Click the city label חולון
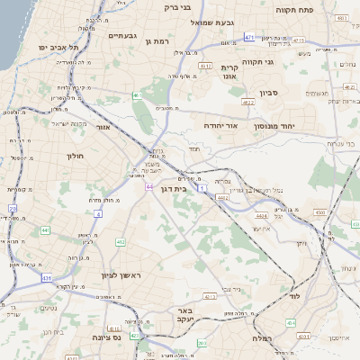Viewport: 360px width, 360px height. [75, 156]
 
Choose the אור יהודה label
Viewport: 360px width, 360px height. [219, 126]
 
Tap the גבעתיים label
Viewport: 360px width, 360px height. [121, 35]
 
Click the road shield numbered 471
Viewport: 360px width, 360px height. [248, 37]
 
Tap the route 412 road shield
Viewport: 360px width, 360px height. [121, 242]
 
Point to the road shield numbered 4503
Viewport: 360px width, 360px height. [320, 212]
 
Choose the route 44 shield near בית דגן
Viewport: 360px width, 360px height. [148, 187]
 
